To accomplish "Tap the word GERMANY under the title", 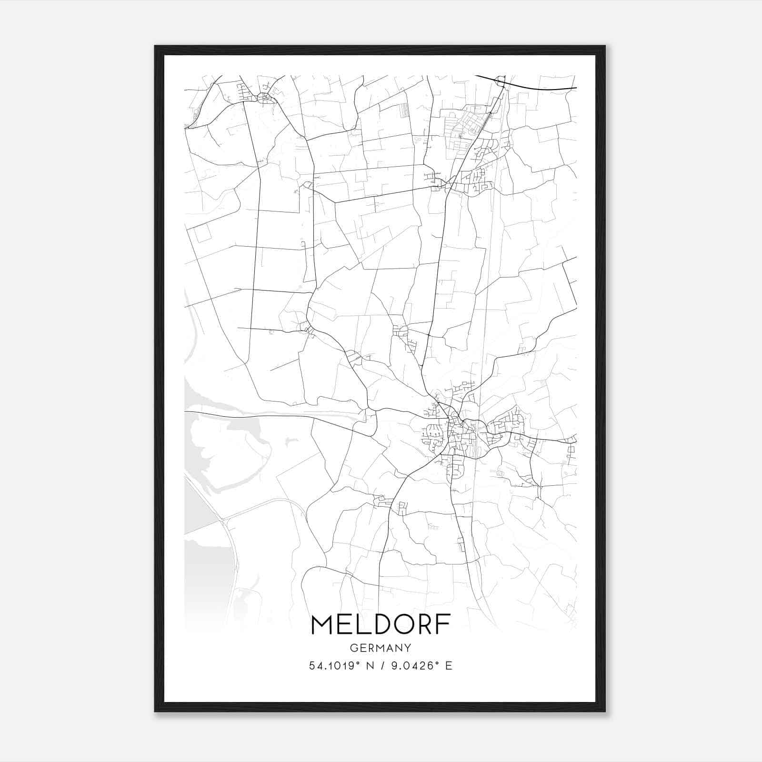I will click(381, 648).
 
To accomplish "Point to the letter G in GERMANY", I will click(353, 648).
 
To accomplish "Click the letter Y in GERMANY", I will click(408, 648).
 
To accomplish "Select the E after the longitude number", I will click(448, 666).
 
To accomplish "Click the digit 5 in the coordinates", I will click(312, 666).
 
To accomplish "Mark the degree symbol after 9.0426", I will click(437, 663).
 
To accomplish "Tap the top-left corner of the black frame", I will click(155, 47).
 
